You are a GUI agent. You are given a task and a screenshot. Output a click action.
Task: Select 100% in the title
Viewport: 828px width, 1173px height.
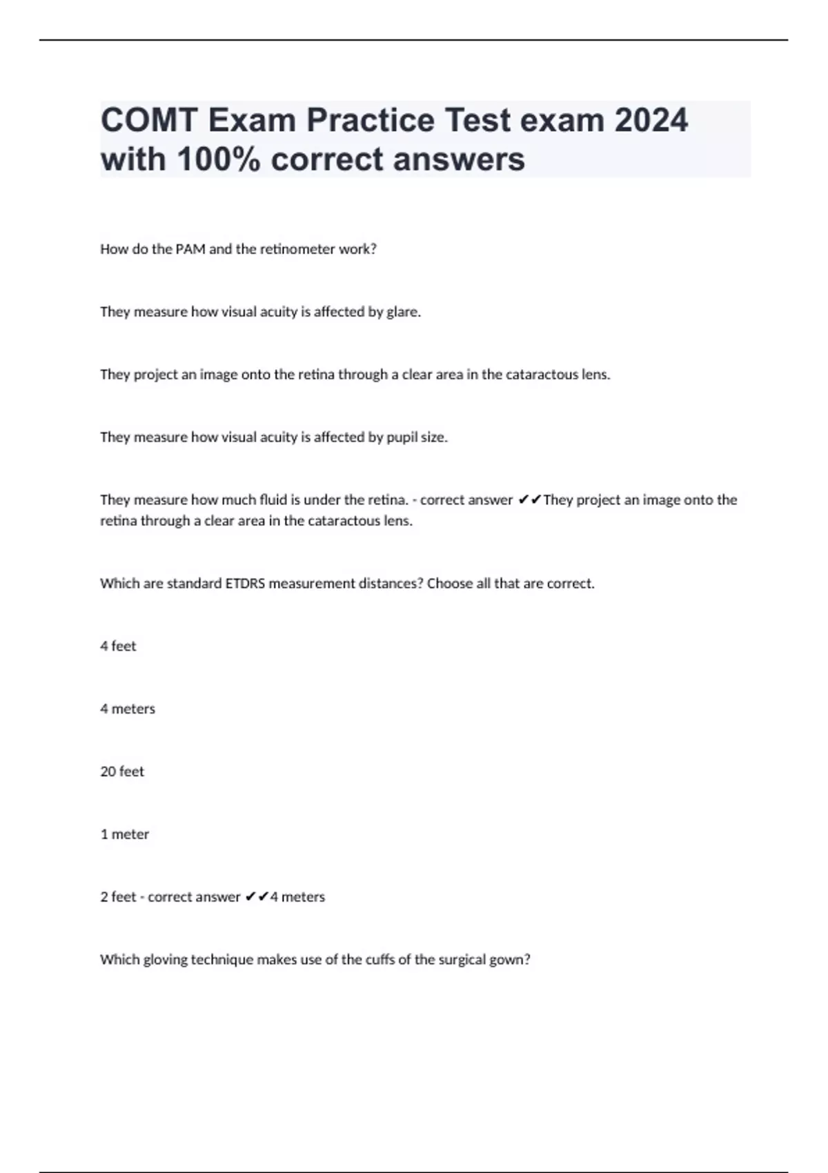coord(219,159)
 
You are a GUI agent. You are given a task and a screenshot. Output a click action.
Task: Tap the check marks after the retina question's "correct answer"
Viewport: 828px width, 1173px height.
coord(529,500)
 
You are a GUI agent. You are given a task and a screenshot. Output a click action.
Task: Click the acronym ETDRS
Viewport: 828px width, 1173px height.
coord(245,584)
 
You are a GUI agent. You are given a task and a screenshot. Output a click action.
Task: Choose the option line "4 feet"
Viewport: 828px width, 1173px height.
coord(118,647)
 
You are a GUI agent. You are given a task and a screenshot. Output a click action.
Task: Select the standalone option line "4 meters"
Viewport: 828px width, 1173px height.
coord(128,709)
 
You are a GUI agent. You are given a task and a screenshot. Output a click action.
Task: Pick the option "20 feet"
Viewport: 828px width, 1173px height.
coord(122,771)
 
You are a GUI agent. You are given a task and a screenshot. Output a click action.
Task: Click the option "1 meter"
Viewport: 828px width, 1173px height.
coord(125,834)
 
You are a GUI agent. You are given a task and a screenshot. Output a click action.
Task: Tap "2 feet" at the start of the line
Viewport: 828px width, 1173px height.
coord(118,897)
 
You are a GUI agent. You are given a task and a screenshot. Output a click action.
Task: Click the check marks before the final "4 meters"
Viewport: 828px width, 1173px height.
coord(257,897)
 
